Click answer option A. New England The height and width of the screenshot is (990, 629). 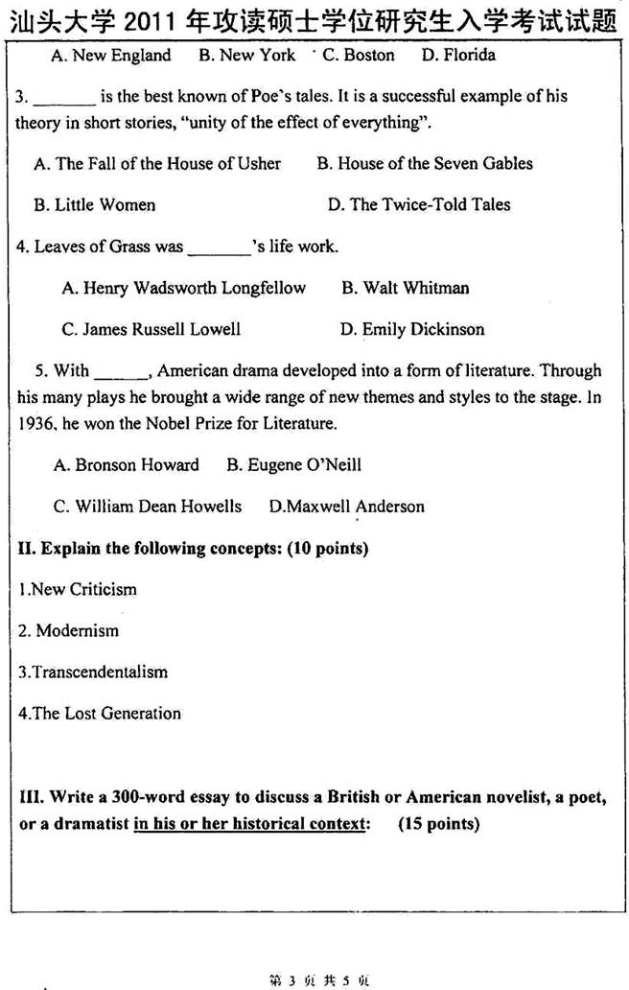110,56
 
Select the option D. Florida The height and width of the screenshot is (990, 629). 458,56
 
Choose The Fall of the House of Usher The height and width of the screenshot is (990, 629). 157,164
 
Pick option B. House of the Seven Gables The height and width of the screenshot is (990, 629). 425,164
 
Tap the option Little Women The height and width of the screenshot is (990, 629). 94,205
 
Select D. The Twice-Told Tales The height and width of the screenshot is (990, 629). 419,205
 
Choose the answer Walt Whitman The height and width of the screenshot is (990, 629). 405,289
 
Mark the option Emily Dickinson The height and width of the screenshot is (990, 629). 412,330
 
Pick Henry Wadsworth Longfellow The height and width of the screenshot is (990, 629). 183,289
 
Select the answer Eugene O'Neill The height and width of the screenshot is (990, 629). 293,466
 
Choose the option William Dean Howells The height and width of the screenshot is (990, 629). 148,507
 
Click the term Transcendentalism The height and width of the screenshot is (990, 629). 93,672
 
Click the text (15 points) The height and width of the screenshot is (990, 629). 438,824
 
